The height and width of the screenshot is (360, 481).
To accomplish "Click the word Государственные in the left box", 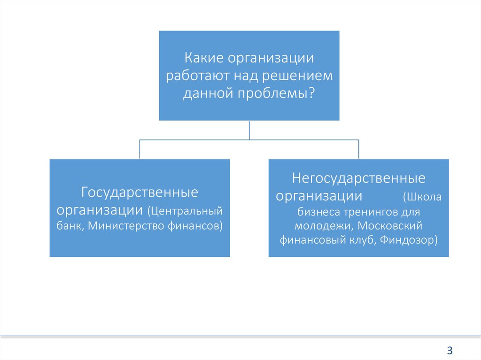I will pos(140,192).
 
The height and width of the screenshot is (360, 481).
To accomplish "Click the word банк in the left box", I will pos(70,226).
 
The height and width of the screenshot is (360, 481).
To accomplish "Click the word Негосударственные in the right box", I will pos(358,178).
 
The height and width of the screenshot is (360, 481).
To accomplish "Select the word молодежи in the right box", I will pos(323,226).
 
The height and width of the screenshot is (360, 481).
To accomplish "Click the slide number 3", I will pos(450,350).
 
